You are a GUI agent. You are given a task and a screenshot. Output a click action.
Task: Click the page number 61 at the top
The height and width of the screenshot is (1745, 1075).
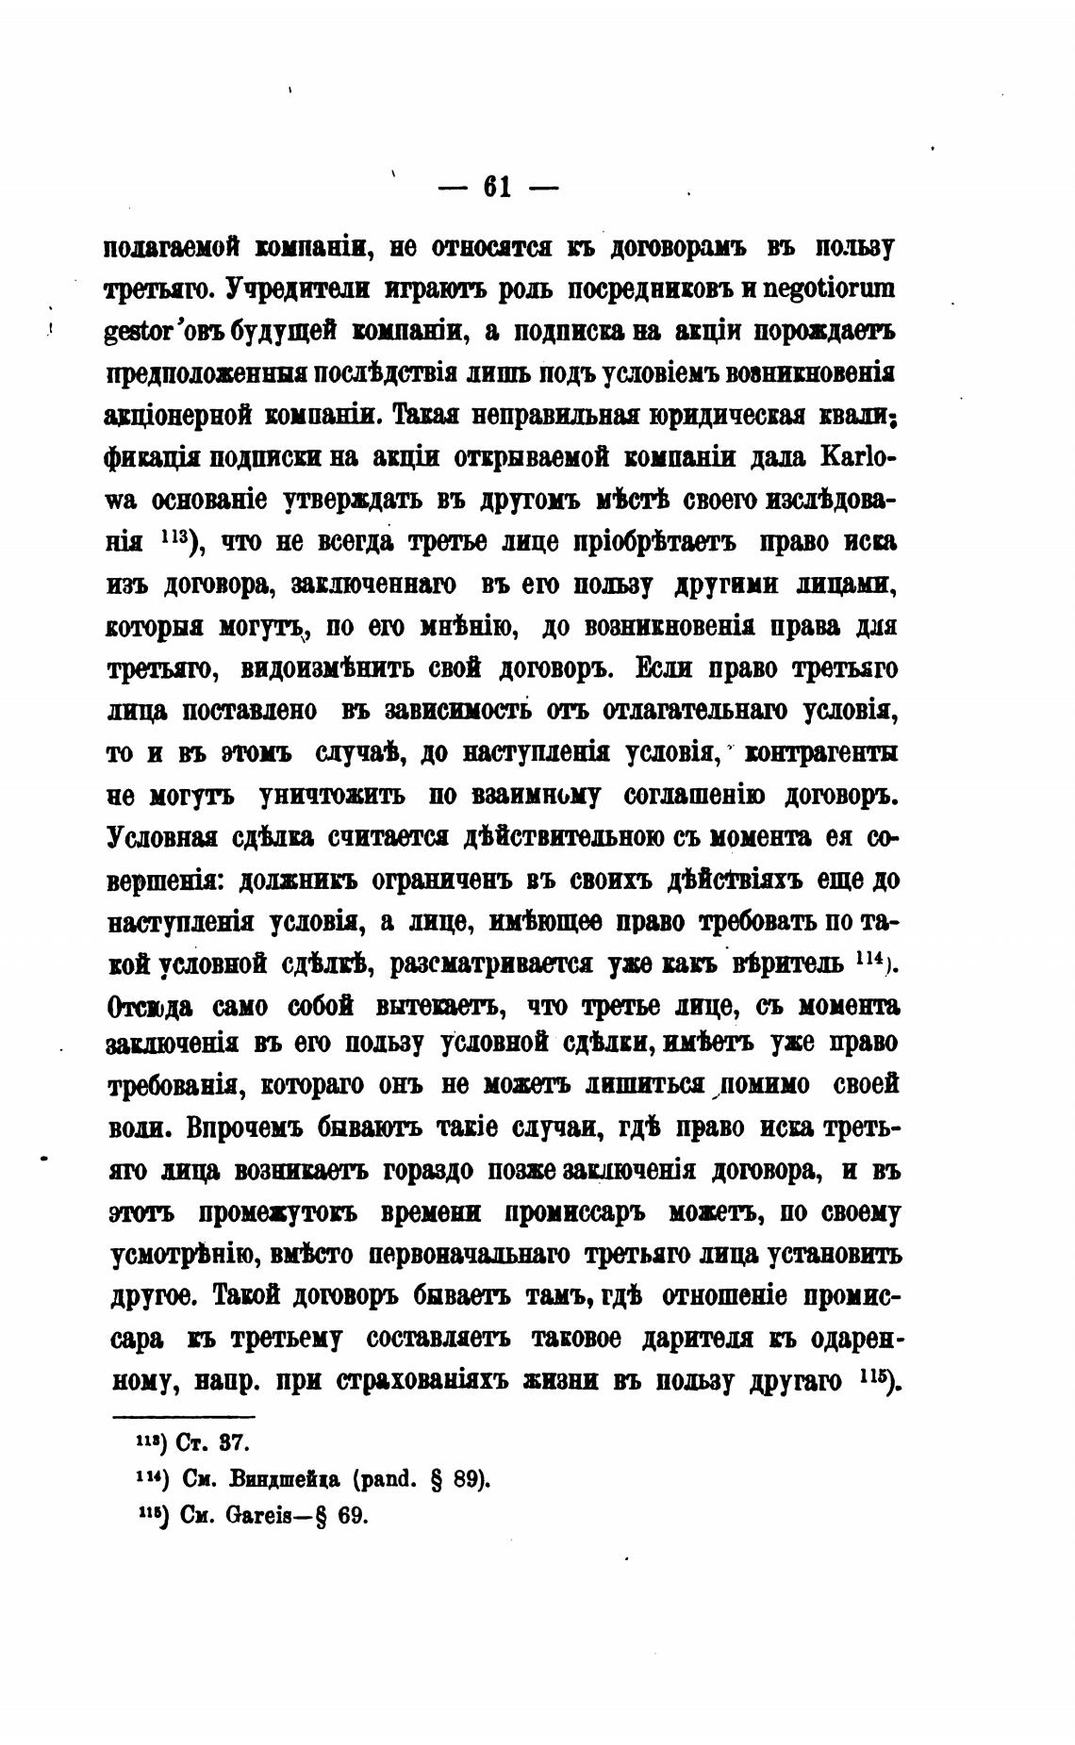pyautogui.click(x=497, y=188)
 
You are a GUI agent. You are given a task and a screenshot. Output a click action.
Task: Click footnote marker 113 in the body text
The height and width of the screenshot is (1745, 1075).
pyautogui.click(x=177, y=539)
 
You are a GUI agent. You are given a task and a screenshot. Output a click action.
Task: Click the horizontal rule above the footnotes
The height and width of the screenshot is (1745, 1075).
pyautogui.click(x=183, y=1417)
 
